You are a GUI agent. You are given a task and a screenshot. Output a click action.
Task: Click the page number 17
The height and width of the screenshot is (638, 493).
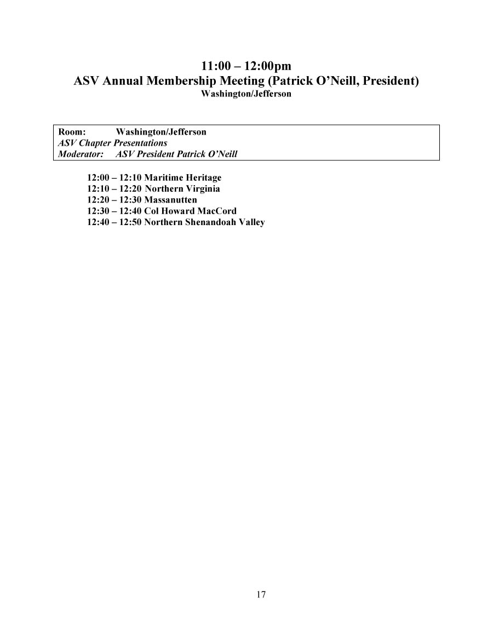coord(261,595)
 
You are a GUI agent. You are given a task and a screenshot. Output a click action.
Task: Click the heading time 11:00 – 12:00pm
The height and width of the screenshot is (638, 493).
coord(246,67)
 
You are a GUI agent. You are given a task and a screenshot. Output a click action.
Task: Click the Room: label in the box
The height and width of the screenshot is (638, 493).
coord(72,132)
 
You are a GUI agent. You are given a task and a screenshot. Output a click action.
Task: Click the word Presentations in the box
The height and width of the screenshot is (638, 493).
coord(140,143)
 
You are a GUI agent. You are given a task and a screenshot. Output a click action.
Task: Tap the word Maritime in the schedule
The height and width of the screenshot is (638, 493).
coord(163,178)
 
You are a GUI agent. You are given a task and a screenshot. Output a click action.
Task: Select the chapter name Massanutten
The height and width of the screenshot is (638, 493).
coord(170,200)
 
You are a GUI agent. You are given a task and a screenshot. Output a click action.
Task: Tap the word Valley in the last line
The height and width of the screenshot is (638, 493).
coord(251,222)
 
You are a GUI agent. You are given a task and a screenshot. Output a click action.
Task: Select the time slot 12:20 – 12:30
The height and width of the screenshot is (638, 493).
coord(114,200)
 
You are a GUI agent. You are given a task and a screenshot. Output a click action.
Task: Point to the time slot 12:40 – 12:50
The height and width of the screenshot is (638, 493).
coord(114,222)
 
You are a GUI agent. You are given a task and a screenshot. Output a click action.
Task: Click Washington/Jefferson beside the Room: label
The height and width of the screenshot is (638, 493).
coord(161,132)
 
